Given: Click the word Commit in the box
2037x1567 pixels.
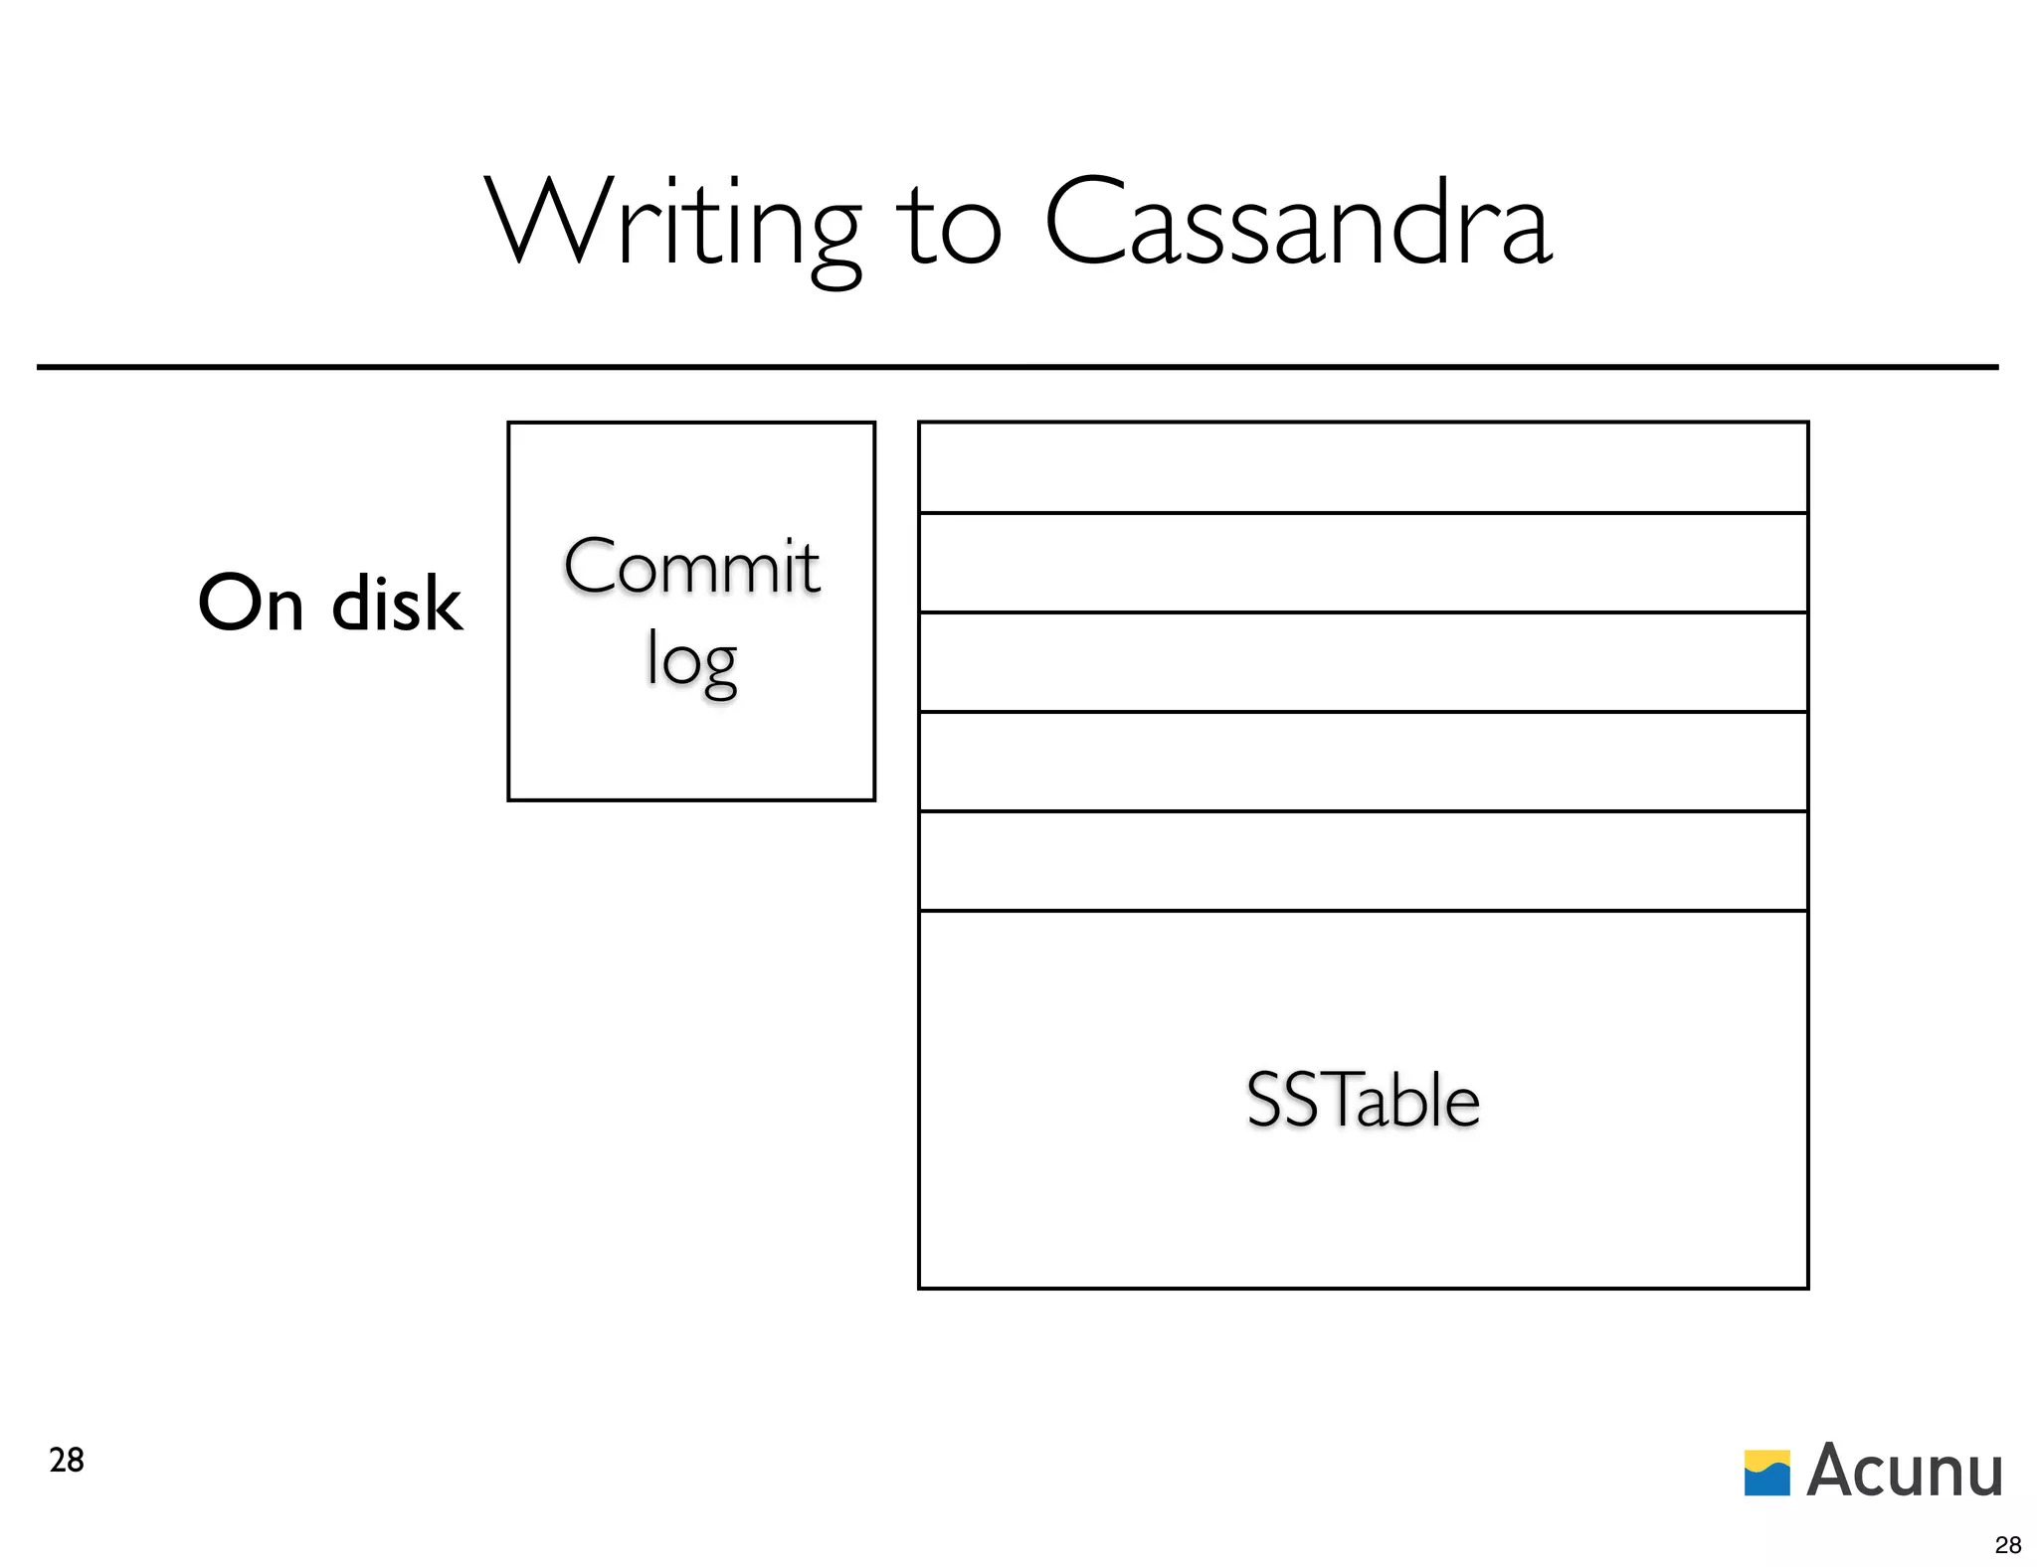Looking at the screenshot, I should tap(692, 567).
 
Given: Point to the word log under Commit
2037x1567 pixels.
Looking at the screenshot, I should tap(692, 660).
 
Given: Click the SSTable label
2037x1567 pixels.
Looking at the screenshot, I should tap(1363, 1101).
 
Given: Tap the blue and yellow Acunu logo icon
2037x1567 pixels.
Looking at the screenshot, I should tap(1767, 1473).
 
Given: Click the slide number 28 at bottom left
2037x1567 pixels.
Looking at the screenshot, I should tap(67, 1460).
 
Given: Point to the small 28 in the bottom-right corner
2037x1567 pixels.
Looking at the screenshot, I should tap(2008, 1544).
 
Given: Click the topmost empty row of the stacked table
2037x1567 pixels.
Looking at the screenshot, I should tap(1363, 467).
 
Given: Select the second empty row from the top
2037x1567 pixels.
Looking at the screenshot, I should tap(1363, 563).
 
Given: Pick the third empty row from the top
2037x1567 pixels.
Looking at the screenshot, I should tap(1363, 662).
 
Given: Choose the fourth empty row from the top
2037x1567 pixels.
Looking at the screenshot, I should tap(1363, 762).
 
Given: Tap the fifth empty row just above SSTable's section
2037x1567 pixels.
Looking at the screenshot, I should tap(1363, 861).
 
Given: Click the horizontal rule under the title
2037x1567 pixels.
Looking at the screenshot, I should tap(1017, 367).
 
